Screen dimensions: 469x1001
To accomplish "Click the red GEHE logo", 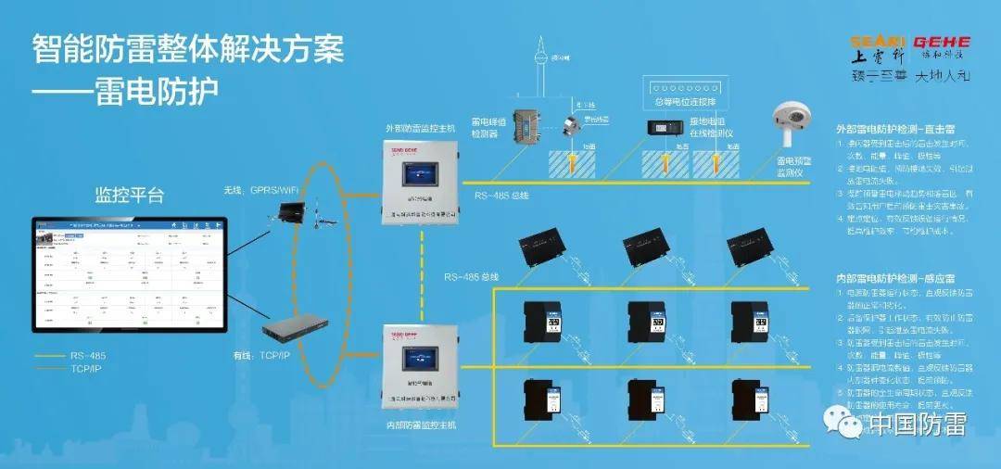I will tap(941, 43).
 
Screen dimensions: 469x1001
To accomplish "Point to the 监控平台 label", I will tap(130, 196).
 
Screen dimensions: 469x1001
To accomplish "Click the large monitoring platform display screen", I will tap(130, 275).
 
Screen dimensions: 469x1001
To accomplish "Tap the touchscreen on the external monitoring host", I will tap(420, 176).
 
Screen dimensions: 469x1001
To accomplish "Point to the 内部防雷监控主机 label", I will tap(420, 425).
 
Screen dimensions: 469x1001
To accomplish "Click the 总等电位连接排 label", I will tap(685, 100).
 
